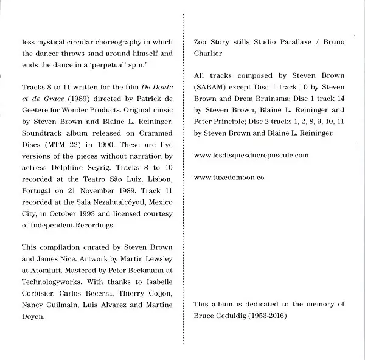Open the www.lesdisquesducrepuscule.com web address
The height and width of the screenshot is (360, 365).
(251, 155)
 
